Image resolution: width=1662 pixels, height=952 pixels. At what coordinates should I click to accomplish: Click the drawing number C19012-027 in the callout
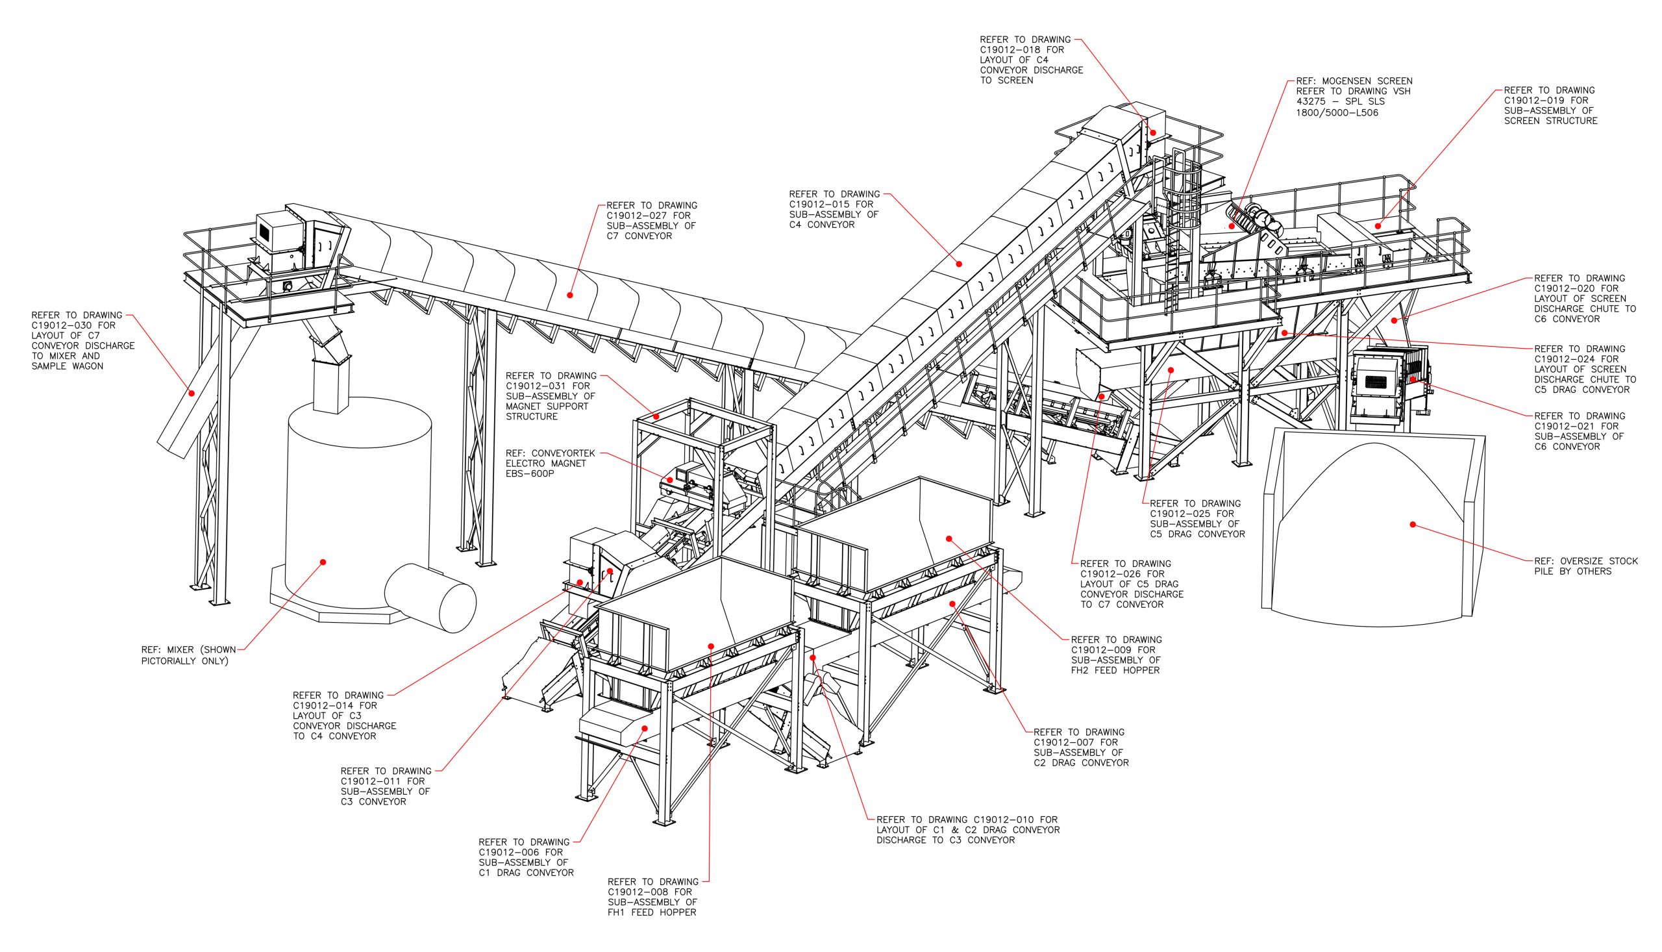634,216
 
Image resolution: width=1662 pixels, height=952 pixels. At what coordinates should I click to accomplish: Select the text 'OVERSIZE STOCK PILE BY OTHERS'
1585,566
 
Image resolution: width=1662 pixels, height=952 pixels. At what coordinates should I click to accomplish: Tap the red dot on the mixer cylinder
323,562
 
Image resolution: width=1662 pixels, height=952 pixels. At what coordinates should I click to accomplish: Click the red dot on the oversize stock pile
1413,525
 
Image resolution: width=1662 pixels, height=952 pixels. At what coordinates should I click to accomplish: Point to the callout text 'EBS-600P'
529,474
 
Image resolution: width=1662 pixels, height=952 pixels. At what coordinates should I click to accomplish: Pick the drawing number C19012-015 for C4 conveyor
816,204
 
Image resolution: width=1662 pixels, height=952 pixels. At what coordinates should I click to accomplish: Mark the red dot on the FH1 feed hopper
711,647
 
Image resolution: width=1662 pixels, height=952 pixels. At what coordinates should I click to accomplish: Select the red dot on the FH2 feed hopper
949,539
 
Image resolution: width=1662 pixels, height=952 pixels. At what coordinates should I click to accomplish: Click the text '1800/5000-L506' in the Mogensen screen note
1337,112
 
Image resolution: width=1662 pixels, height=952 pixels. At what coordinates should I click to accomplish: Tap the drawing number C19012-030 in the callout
59,325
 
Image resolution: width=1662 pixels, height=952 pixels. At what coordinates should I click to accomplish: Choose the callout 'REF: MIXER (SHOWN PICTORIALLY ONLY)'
188,655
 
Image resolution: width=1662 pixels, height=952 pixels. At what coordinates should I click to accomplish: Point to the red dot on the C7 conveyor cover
570,295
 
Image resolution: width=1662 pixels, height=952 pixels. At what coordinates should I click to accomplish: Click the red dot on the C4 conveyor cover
960,264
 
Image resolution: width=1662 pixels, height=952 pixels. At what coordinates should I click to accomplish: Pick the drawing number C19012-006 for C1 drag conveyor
506,853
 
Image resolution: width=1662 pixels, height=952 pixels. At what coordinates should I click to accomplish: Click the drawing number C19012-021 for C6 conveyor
1562,426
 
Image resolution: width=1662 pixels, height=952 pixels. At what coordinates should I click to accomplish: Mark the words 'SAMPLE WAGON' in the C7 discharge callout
68,367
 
